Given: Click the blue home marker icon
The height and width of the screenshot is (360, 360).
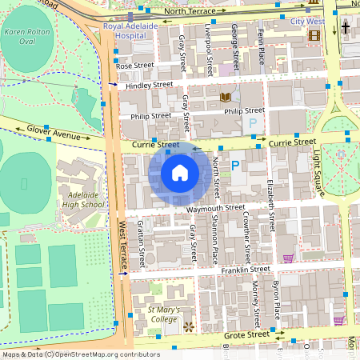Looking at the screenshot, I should pyautogui.click(x=179, y=173).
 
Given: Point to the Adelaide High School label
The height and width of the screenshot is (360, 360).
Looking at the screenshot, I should pyautogui.click(x=83, y=199).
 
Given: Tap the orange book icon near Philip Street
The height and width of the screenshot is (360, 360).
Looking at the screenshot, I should pyautogui.click(x=225, y=97).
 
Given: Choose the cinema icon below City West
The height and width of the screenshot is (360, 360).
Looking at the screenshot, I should pyautogui.click(x=314, y=35).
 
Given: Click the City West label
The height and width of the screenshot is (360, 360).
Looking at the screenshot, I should pyautogui.click(x=307, y=22).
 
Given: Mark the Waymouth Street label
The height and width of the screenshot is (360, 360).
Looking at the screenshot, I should pyautogui.click(x=215, y=207).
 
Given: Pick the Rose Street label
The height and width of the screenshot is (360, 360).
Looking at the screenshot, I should pyautogui.click(x=134, y=66).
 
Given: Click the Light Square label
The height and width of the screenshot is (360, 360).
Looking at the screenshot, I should pyautogui.click(x=318, y=169).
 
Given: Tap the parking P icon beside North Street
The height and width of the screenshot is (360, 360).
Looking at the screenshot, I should pyautogui.click(x=235, y=166).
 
